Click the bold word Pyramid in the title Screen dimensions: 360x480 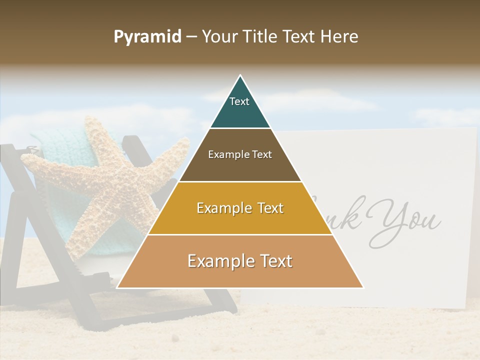[x=147, y=37]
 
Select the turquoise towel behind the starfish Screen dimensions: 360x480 [x=50, y=145]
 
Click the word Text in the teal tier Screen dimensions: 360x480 [x=239, y=101]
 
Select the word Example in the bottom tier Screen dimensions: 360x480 [x=218, y=261]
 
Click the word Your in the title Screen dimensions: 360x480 [x=220, y=37]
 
